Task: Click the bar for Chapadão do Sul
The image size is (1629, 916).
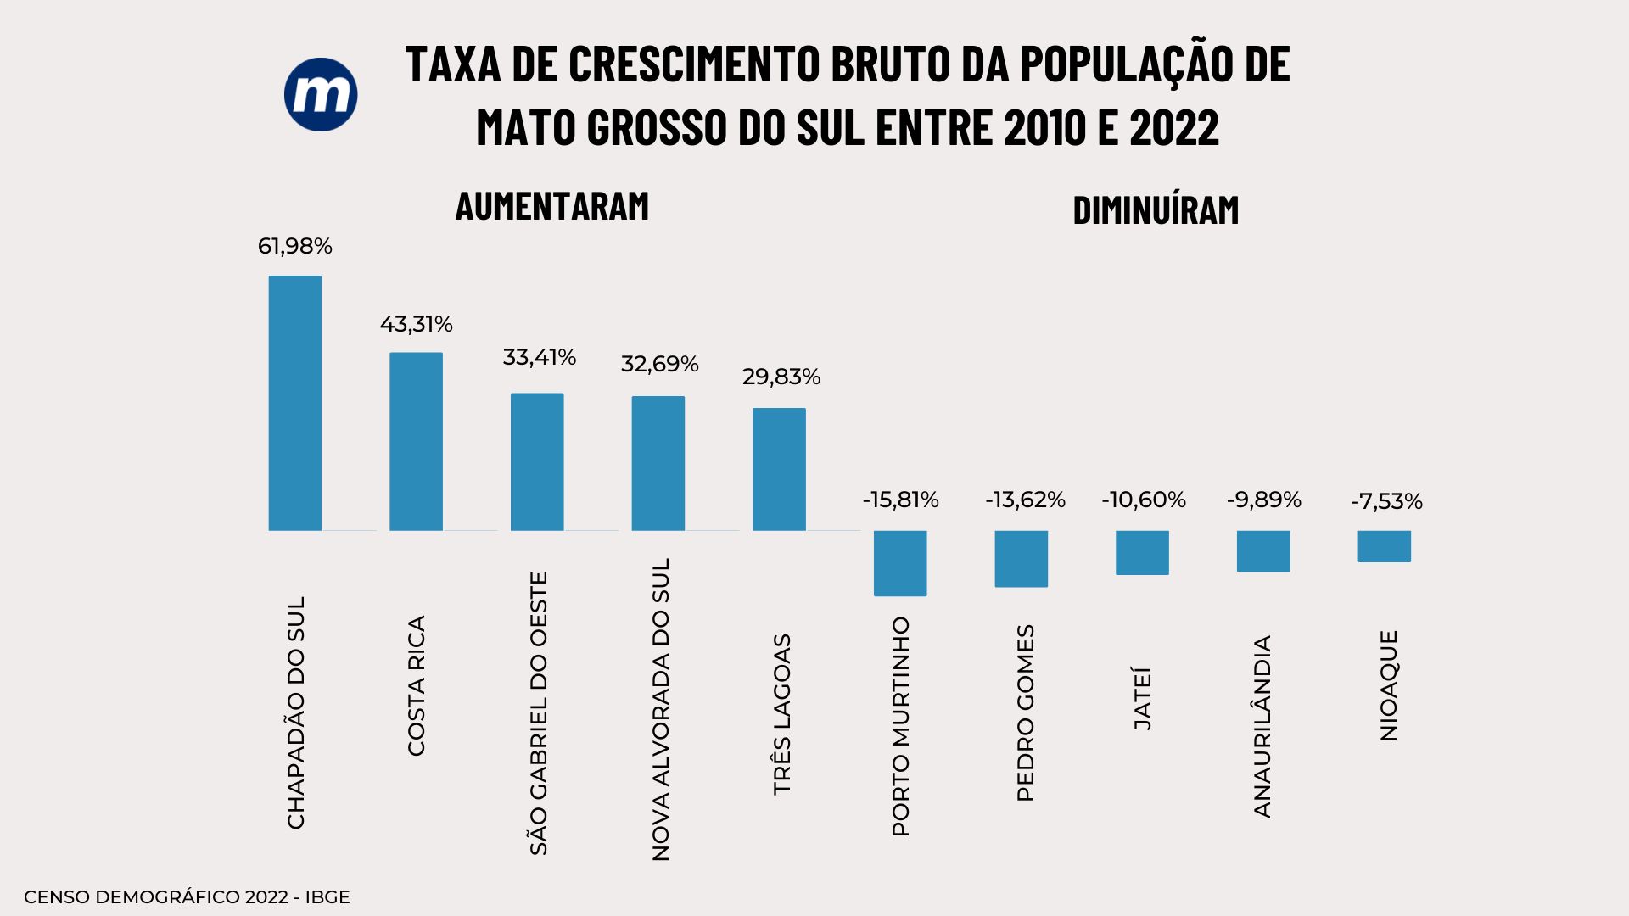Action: coord(295,403)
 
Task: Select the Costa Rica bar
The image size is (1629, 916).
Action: coord(416,441)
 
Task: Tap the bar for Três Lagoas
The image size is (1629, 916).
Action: coord(779,469)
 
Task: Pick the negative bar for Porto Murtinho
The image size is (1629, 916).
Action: coord(900,563)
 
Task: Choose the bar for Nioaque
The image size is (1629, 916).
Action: coord(1384,546)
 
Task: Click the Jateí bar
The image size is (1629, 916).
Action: coord(1142,552)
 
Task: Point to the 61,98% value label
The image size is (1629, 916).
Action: coord(295,247)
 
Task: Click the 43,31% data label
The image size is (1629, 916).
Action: coord(416,324)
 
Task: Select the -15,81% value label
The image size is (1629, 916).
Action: coord(900,500)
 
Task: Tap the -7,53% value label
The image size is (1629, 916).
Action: coord(1386,502)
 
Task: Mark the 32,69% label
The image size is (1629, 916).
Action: coord(659,364)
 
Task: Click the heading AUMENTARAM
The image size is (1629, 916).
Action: coord(552,206)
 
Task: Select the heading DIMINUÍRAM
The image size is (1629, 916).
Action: coord(1156,210)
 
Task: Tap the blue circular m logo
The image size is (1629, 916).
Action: coord(321,94)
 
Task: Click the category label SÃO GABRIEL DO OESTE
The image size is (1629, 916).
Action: coord(539,712)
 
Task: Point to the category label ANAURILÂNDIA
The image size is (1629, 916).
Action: coord(1262,726)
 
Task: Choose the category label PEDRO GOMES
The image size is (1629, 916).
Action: coord(1025,712)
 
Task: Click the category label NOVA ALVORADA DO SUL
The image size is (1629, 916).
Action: coord(660,709)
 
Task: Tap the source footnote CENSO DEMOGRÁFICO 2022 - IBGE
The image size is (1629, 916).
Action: coord(187,897)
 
